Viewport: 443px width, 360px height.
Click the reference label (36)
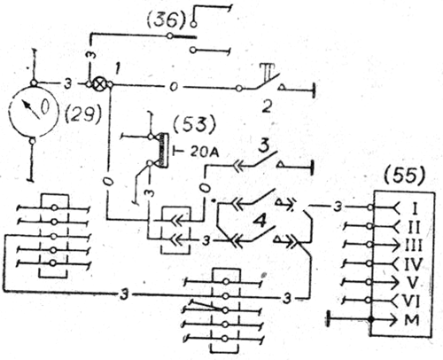click(x=167, y=20)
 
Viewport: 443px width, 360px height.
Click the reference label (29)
click(x=83, y=114)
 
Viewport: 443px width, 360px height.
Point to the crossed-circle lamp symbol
click(x=98, y=84)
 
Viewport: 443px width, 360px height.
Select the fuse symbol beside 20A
click(x=163, y=149)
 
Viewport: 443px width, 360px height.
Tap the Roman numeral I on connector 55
click(x=415, y=208)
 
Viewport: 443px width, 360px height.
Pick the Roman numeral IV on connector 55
click(x=413, y=264)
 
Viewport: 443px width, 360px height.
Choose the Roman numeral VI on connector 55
click(x=412, y=301)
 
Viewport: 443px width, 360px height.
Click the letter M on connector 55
click(x=412, y=320)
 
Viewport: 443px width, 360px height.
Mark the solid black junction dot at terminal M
click(x=371, y=320)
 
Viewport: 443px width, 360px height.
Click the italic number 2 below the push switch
click(x=267, y=106)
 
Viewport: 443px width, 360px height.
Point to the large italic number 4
click(x=260, y=222)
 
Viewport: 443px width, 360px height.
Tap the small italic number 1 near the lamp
click(x=117, y=70)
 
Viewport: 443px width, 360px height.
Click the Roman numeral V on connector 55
click(x=413, y=283)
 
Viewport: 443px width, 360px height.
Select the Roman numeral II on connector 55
click(x=414, y=227)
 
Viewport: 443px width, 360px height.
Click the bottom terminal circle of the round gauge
click(x=33, y=141)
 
